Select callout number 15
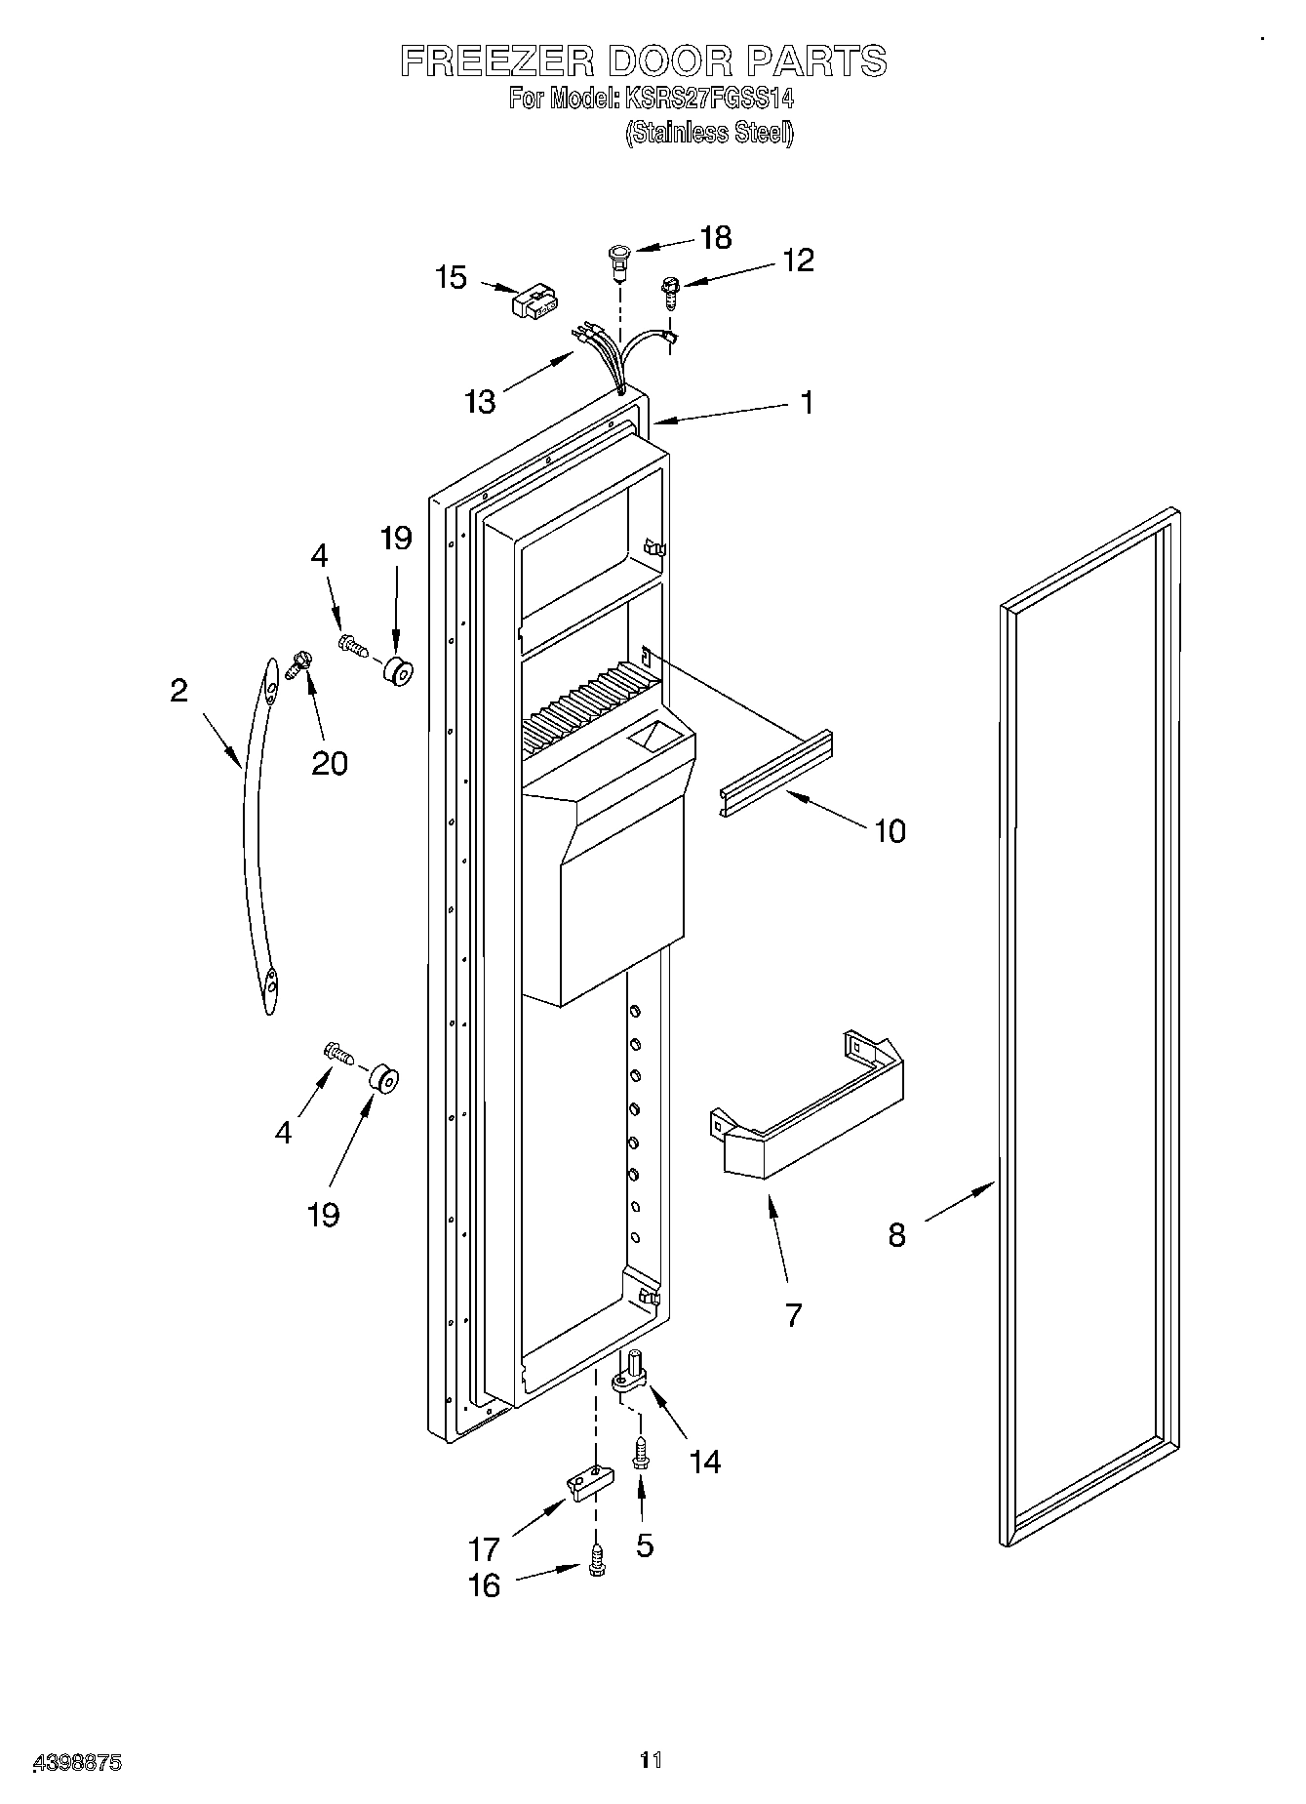click(x=451, y=278)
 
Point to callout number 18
click(x=716, y=238)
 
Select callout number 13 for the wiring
click(x=480, y=401)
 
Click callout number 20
click(x=329, y=762)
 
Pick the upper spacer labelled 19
click(x=397, y=671)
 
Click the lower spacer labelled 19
click(x=382, y=1080)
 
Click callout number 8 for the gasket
click(x=896, y=1235)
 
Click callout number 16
click(x=484, y=1585)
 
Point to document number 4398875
click(x=77, y=1762)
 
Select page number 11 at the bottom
click(x=651, y=1760)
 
